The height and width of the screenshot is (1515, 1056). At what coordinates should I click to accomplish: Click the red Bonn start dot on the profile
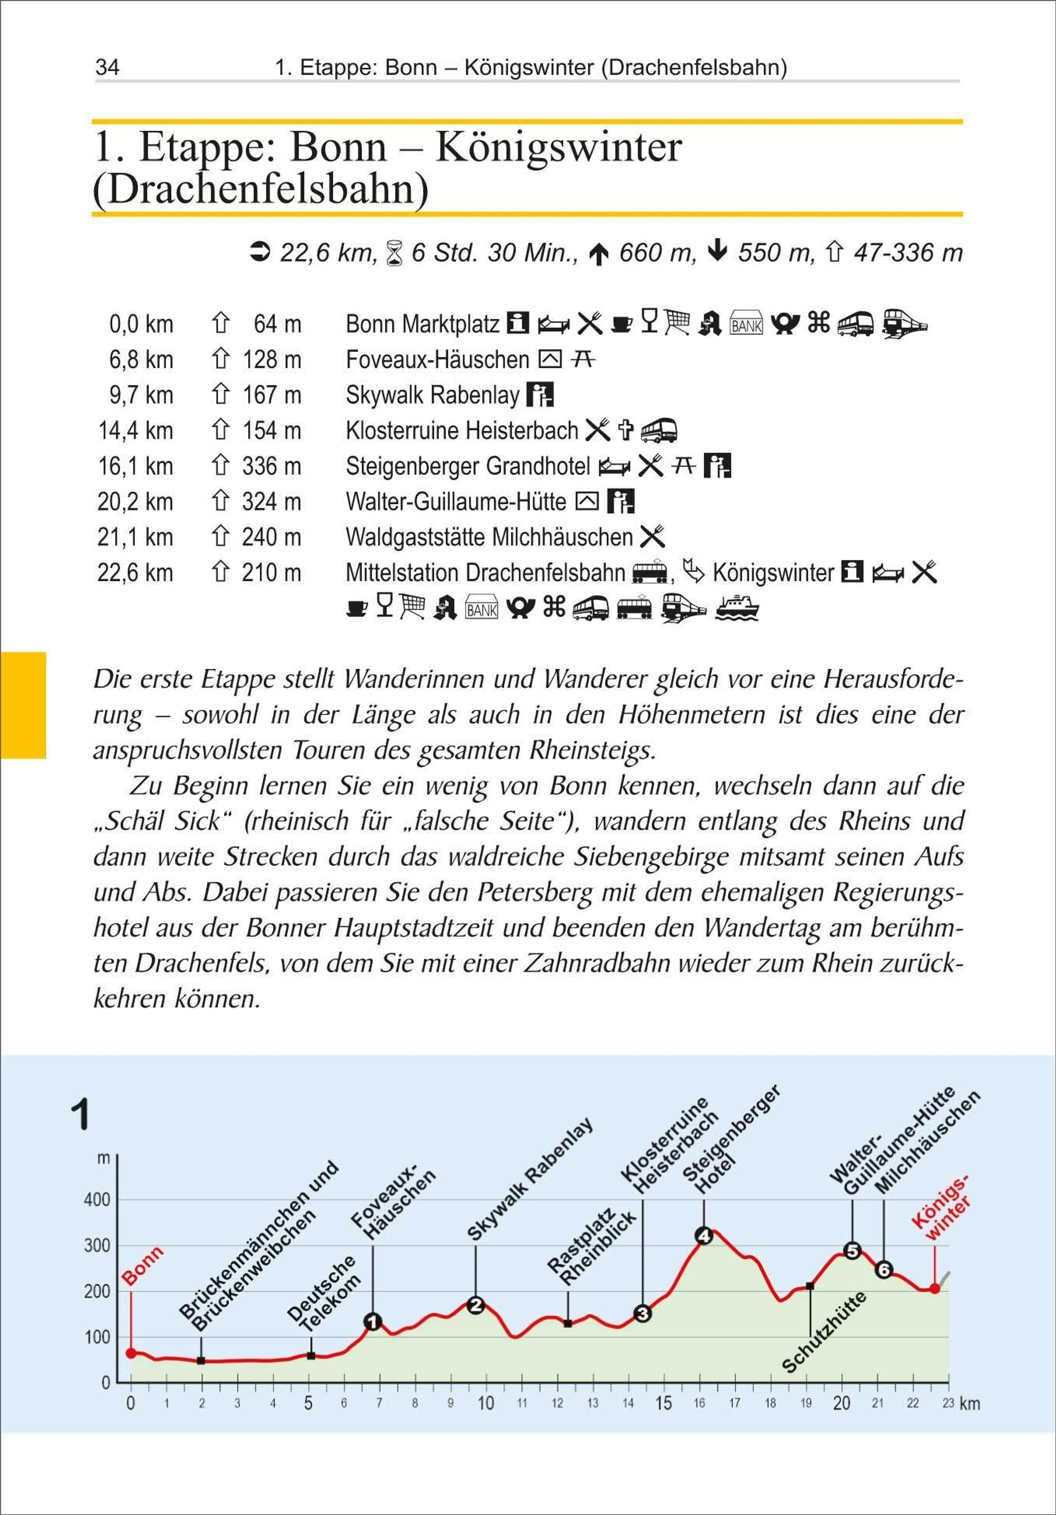tap(131, 1354)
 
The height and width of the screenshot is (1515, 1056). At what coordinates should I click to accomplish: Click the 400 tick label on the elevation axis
tap(97, 1200)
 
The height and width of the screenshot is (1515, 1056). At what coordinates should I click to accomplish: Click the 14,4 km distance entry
tap(136, 431)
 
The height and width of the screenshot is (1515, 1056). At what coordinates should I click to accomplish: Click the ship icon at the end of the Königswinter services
tap(737, 609)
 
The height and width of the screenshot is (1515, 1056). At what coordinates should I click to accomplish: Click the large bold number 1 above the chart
tap(80, 1115)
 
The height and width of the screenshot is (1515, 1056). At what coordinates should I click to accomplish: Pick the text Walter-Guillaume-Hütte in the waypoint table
tap(455, 502)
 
